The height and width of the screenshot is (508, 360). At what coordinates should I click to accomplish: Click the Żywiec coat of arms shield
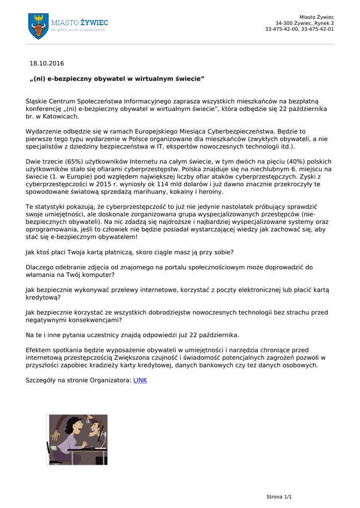click(38, 26)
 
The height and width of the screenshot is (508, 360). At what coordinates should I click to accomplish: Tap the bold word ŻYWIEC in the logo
click(94, 22)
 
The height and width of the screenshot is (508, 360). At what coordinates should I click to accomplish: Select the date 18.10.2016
click(47, 63)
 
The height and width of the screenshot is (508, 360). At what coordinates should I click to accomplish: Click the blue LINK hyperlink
click(140, 381)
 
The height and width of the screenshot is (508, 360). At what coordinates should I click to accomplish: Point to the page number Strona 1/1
click(279, 497)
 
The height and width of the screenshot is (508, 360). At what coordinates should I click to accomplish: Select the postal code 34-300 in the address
click(285, 23)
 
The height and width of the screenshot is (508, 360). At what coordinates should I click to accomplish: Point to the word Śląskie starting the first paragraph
click(36, 101)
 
